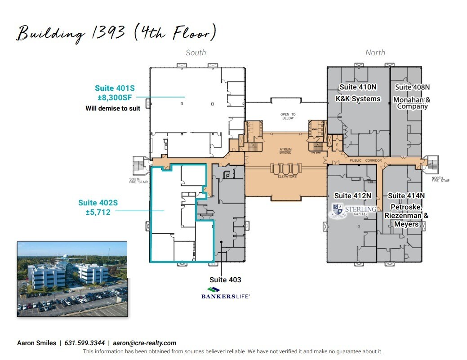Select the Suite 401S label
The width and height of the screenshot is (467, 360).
click(114, 88)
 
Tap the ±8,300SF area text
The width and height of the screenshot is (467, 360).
click(113, 97)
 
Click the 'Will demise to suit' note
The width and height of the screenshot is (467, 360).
click(113, 108)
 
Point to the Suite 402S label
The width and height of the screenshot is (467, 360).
click(98, 203)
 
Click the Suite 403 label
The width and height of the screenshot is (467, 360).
click(225, 280)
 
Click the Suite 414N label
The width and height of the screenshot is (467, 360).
click(406, 196)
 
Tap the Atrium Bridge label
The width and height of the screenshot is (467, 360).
click(285, 151)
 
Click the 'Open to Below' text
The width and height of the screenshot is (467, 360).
click(288, 116)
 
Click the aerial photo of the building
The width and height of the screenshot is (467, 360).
click(72, 279)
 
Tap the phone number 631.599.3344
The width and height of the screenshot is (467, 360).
click(85, 343)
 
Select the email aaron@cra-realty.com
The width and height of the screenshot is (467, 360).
click(144, 343)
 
